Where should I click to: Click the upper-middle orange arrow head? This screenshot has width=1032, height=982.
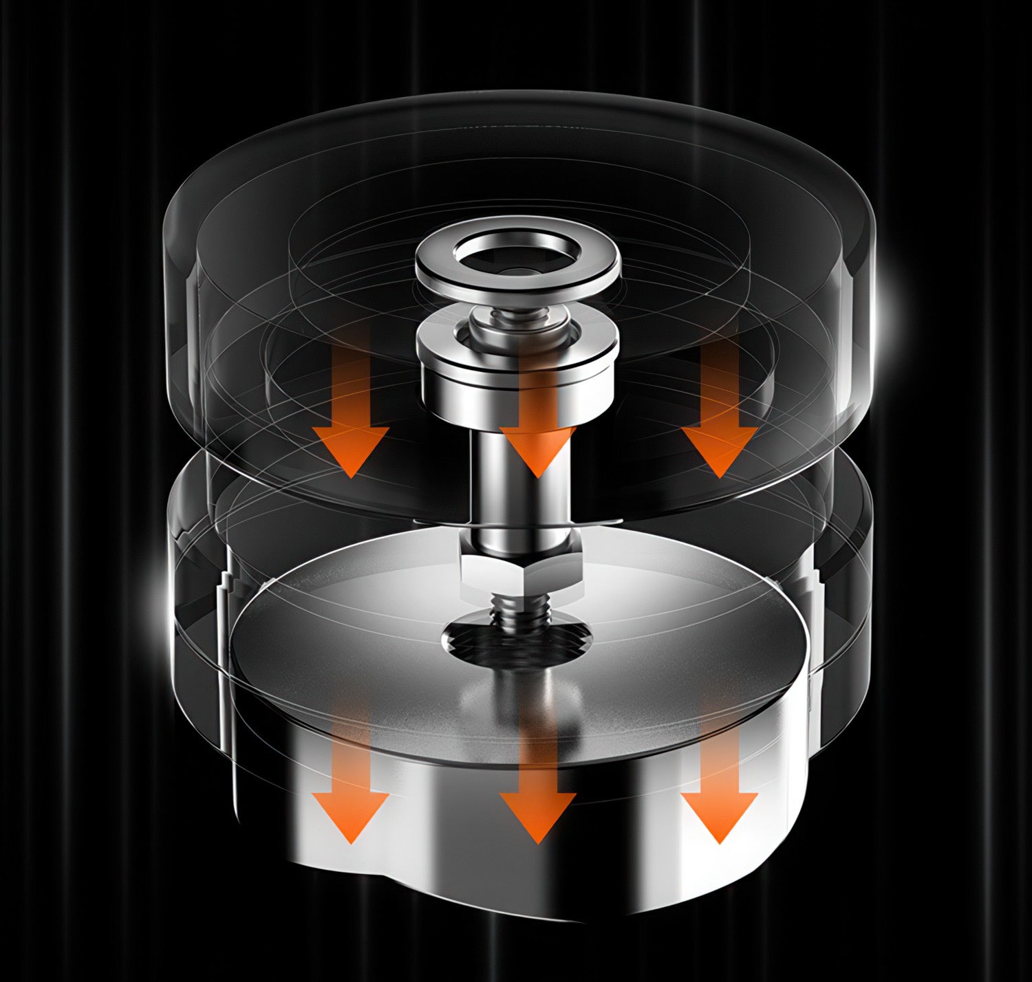point(537,450)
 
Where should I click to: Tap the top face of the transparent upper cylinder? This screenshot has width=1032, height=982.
point(516,158)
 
